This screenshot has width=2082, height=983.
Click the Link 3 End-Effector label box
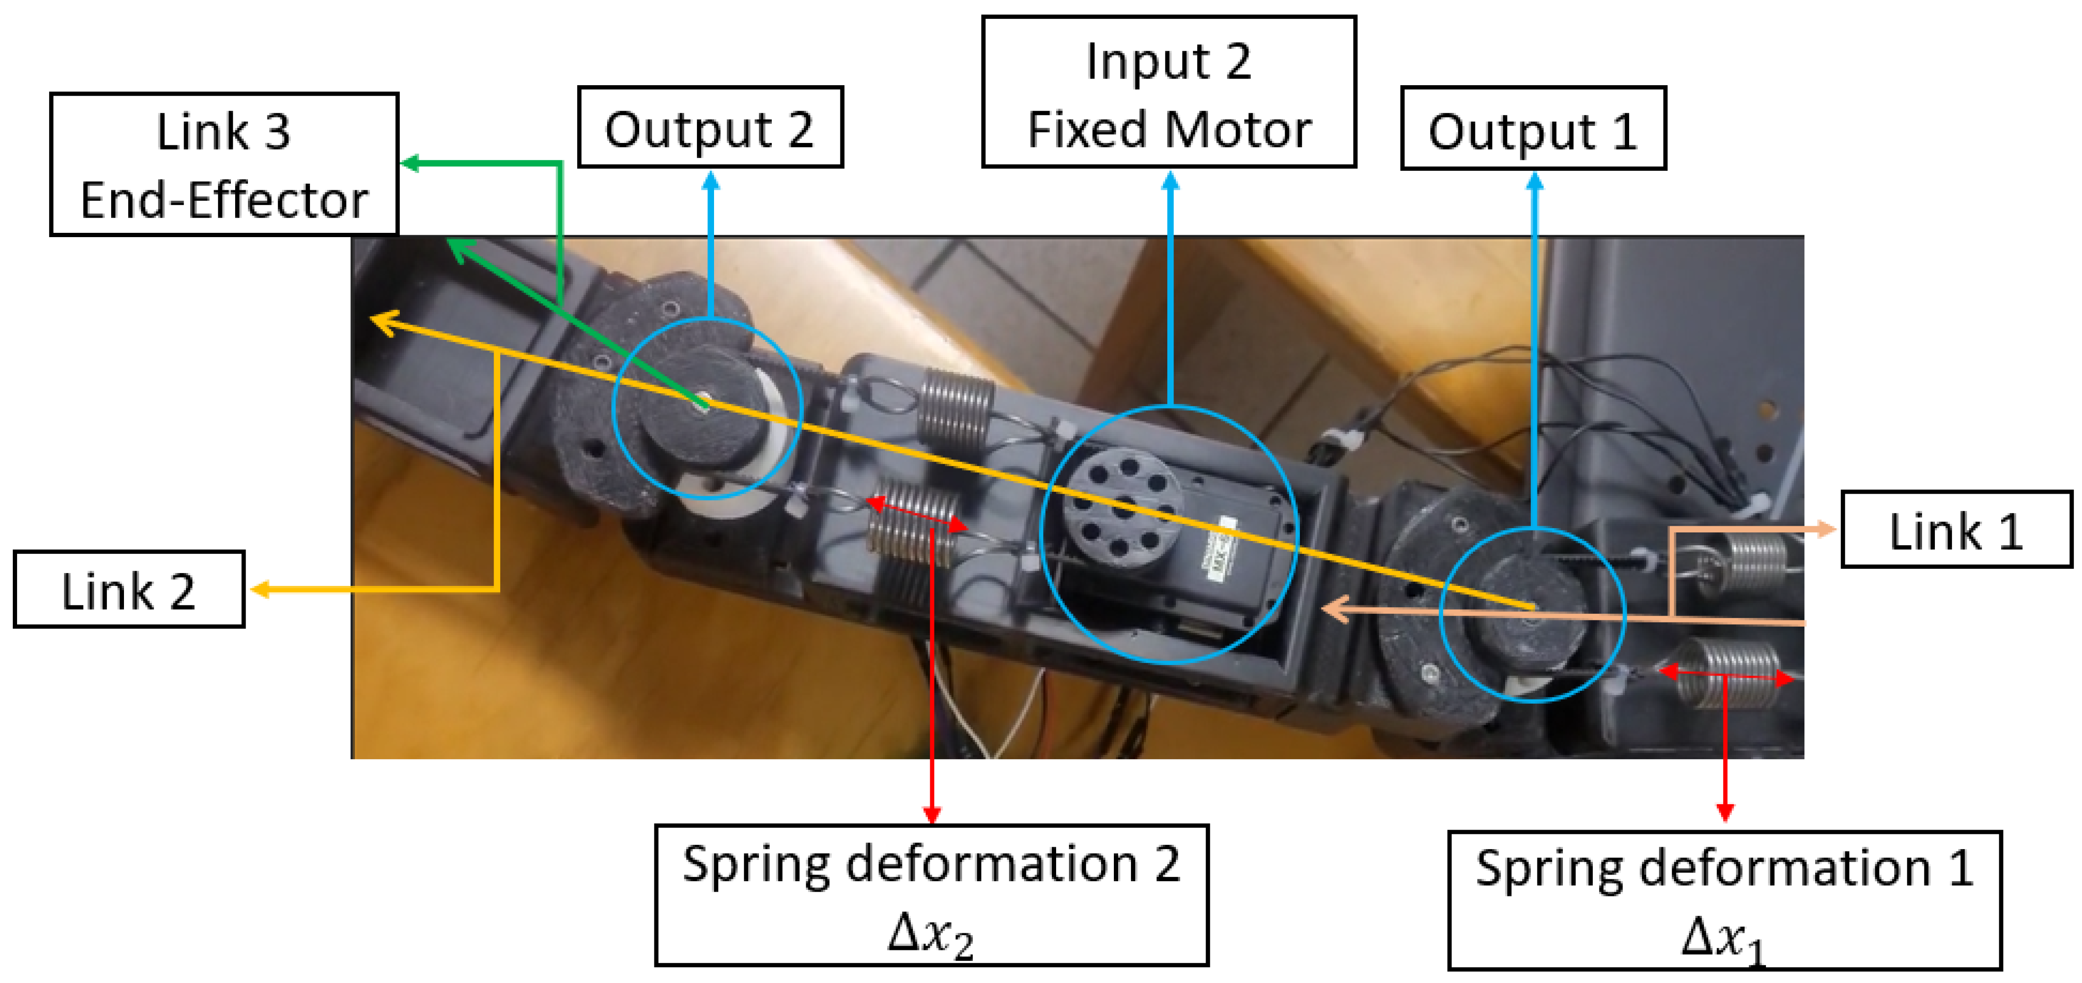point(224,164)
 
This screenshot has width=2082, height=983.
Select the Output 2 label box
point(710,128)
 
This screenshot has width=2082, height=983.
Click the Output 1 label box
point(1533,129)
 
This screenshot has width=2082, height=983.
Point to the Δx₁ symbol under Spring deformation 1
point(1723,939)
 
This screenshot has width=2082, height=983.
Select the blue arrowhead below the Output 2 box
point(710,181)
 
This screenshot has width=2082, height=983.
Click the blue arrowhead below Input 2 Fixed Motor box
point(1170,181)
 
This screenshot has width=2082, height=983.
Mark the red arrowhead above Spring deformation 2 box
point(932,813)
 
